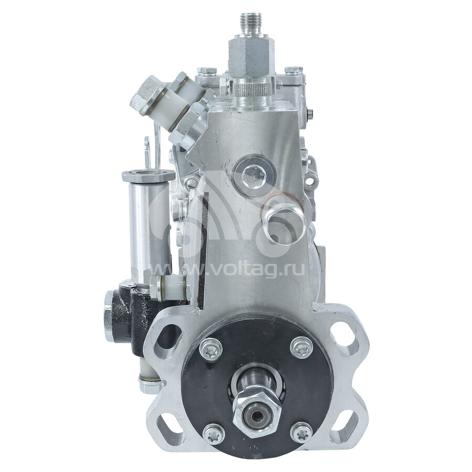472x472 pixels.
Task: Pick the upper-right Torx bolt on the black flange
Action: pos(302,348)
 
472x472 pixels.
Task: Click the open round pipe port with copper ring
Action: pos(284,223)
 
